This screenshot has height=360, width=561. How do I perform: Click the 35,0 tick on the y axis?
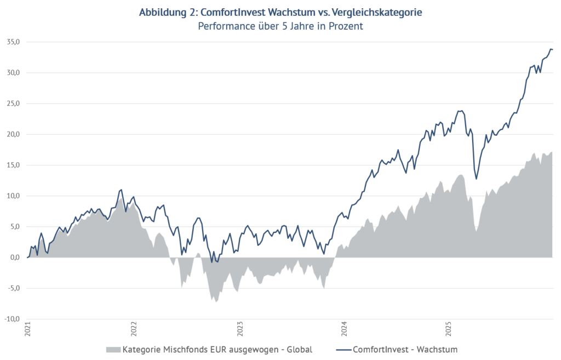[13, 42]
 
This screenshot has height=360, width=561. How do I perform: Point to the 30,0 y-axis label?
[13, 73]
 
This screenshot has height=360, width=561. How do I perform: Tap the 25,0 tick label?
[13, 104]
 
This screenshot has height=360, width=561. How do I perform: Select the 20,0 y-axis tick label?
[13, 134]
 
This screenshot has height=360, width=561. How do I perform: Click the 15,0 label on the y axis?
[13, 165]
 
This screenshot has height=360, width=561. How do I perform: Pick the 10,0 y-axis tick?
[13, 196]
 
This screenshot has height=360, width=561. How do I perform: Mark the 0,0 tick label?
[15, 258]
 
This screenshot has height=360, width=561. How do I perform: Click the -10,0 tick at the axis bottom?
[12, 319]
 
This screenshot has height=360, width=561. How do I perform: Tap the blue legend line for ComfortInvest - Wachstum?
[339, 349]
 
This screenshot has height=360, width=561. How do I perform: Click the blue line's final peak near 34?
[551, 49]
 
